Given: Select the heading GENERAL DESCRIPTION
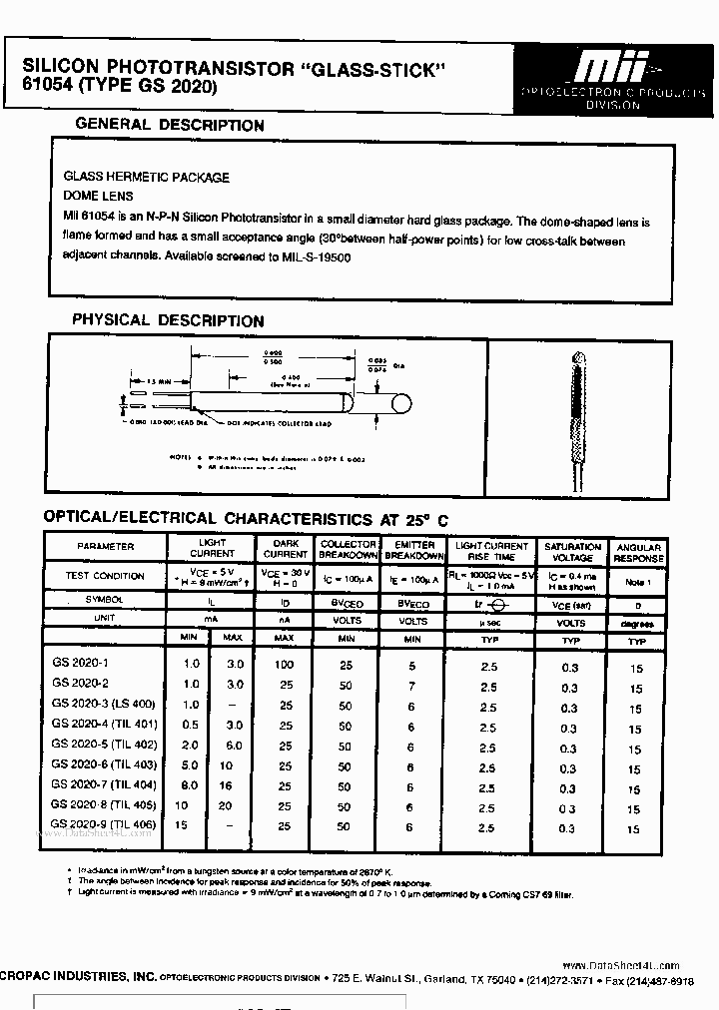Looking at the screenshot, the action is click(171, 126).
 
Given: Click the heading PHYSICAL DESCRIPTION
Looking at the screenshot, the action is click(168, 321).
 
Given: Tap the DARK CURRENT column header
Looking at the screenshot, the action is click(286, 549).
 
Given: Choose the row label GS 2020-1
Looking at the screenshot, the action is click(79, 663).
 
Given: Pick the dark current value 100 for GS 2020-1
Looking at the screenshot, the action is click(284, 664).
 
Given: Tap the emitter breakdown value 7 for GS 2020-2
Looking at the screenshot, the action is click(410, 686).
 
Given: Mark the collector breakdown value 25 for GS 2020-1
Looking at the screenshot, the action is click(346, 664).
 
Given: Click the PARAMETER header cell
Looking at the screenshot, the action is click(106, 547).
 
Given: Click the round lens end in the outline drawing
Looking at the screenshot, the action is click(402, 405).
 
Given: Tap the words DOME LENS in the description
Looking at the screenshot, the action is click(98, 197).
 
